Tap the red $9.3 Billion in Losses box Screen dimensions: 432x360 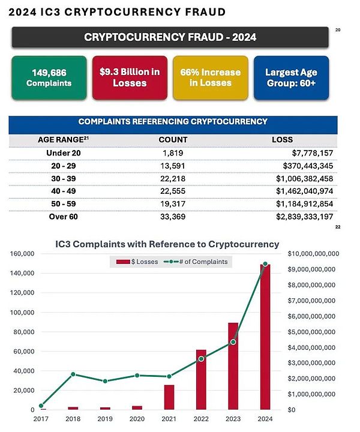click(x=130, y=77)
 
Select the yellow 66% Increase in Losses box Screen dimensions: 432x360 click(x=210, y=77)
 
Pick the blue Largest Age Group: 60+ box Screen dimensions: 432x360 click(x=291, y=77)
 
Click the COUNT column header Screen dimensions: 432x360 click(x=173, y=139)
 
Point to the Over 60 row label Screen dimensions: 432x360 click(x=63, y=217)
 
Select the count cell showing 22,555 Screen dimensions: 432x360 click(x=173, y=191)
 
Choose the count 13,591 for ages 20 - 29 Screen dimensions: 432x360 click(x=173, y=166)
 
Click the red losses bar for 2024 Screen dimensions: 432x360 click(x=265, y=336)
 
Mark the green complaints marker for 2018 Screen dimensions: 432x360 click(x=73, y=374)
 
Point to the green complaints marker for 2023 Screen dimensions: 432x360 click(x=233, y=342)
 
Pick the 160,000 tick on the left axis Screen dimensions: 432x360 click(x=22, y=254)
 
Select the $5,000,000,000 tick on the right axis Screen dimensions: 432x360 click(x=314, y=332)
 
